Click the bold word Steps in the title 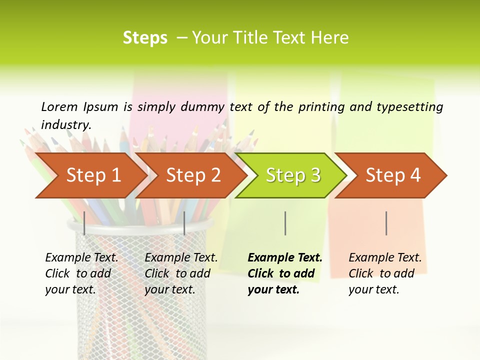tap(145, 38)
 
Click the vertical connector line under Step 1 tap(84, 223)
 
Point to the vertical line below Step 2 tap(184, 223)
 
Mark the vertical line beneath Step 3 tap(285, 223)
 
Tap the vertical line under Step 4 tap(386, 223)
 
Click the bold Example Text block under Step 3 tap(284, 273)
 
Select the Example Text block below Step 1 tap(81, 273)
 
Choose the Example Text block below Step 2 tap(181, 273)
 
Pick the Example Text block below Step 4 tap(385, 273)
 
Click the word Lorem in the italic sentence tap(59, 106)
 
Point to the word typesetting tap(409, 107)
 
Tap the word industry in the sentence tap(66, 125)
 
